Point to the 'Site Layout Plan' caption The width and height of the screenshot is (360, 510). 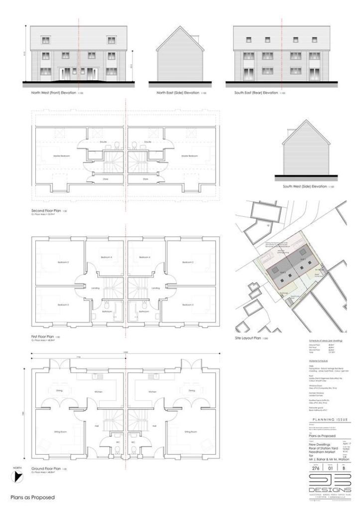coord(249,337)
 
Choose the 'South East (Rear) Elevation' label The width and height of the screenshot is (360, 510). coord(256,93)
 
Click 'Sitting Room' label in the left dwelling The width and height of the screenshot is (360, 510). coord(60,432)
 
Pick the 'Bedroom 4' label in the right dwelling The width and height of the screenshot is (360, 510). coord(145,257)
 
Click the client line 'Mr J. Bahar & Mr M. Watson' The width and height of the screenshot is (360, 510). coord(329,459)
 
